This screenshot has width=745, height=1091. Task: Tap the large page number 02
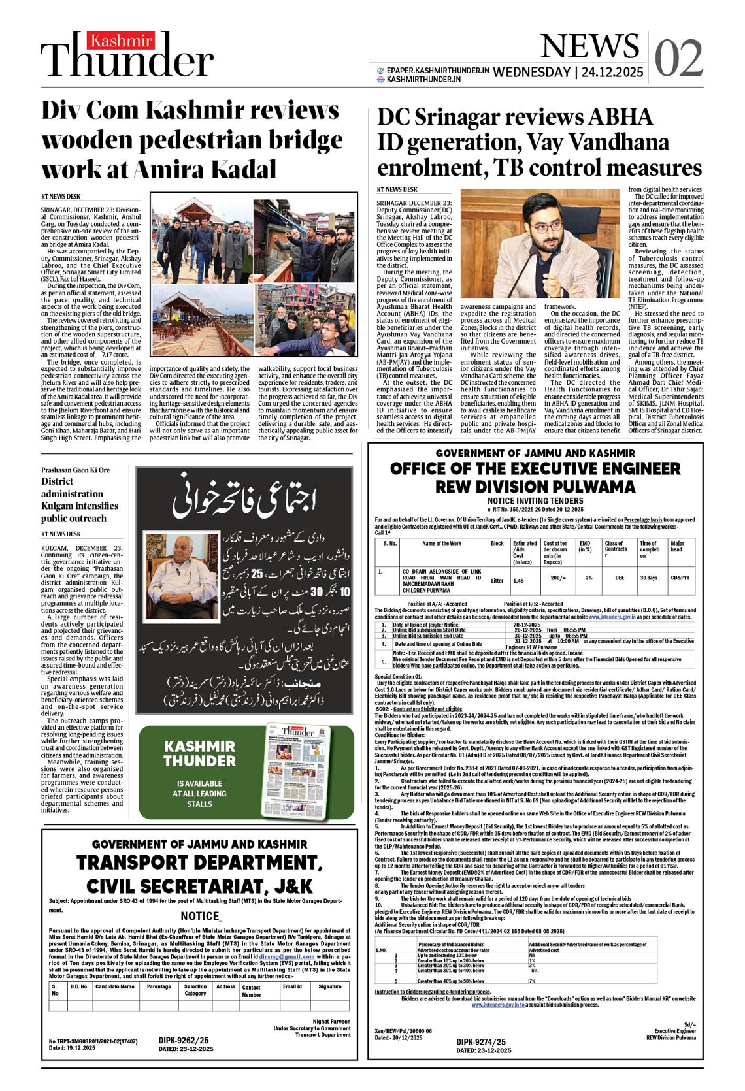click(x=678, y=57)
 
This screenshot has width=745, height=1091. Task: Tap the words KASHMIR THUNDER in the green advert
click(x=199, y=753)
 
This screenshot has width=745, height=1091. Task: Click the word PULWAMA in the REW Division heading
click(x=593, y=487)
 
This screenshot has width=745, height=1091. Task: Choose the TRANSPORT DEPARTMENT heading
click(x=199, y=862)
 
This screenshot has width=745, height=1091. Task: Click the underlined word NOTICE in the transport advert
click(x=199, y=916)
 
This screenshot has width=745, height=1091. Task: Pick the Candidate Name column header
click(x=115, y=986)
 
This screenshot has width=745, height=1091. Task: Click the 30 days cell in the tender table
click(x=648, y=578)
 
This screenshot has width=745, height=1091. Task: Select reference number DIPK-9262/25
click(x=183, y=1040)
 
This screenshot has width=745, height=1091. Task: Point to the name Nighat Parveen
click(x=331, y=1021)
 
